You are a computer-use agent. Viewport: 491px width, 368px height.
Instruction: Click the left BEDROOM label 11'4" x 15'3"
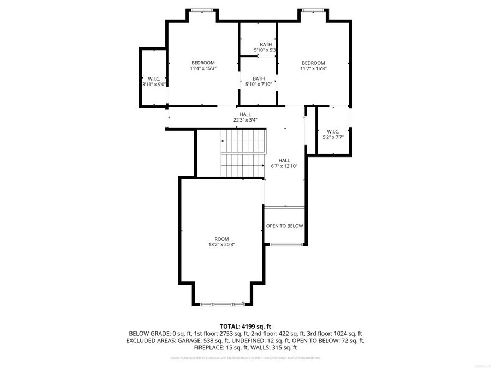(x=202, y=65)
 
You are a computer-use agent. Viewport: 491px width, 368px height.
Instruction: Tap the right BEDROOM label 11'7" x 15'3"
(x=313, y=65)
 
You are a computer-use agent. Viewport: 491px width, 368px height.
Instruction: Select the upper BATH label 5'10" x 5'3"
(x=266, y=47)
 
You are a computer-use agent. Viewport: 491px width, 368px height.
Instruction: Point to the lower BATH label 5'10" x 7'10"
(x=259, y=81)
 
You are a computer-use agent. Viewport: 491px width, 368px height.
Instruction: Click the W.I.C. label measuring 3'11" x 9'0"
(x=153, y=81)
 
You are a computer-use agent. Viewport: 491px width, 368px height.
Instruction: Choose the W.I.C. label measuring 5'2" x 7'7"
(x=333, y=134)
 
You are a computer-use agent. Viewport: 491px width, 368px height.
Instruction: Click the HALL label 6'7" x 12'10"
(x=284, y=163)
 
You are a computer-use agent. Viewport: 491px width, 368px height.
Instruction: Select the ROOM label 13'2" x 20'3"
(x=221, y=242)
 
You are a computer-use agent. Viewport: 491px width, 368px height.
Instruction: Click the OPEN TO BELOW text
(x=284, y=226)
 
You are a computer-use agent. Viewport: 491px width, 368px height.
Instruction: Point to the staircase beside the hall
(x=242, y=153)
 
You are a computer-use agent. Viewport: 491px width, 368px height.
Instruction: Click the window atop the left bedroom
(x=202, y=10)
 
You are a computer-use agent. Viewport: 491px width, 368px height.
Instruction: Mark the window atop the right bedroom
(x=313, y=10)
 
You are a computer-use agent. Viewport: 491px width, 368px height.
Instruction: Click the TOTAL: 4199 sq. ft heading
(x=245, y=325)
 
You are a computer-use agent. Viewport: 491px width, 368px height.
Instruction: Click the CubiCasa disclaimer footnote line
(x=245, y=358)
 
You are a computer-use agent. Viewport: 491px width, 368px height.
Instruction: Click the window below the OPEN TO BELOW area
(x=284, y=244)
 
